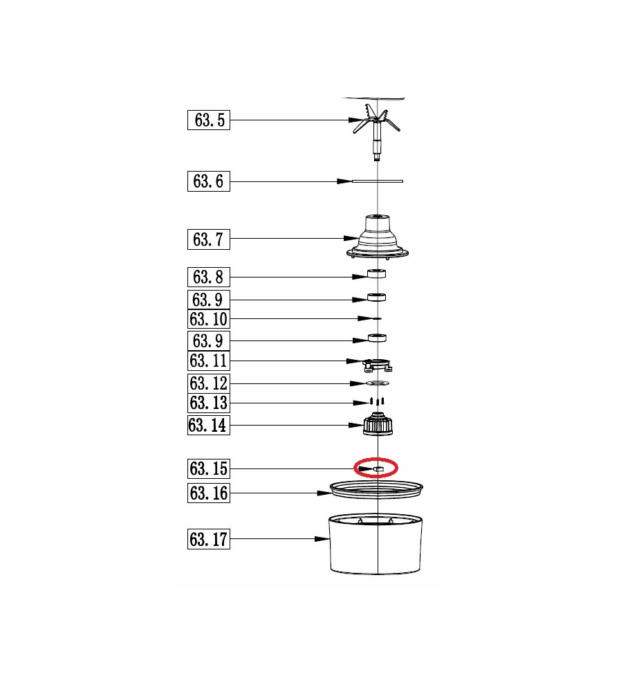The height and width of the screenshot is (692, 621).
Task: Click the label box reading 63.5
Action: [x=209, y=120]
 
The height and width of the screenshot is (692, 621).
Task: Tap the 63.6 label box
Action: [x=209, y=181]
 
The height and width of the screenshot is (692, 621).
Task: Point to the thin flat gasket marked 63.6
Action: [x=378, y=181]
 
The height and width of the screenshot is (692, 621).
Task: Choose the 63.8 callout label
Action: [x=209, y=277]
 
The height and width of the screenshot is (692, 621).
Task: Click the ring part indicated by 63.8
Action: [x=377, y=273]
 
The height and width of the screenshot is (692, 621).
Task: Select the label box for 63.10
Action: [x=209, y=319]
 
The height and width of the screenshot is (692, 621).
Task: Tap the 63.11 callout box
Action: [x=209, y=361]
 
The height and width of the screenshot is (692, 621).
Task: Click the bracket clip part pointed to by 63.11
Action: [x=377, y=365]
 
